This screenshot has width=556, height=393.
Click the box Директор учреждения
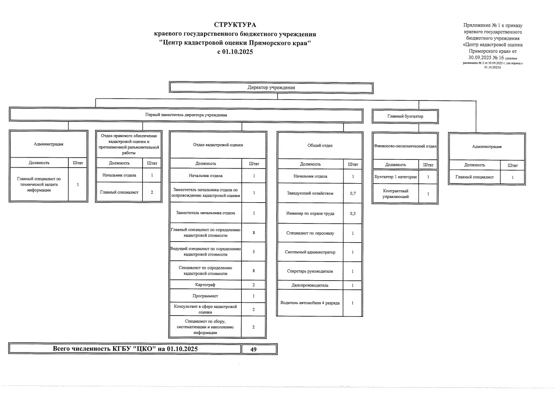(x=271, y=87)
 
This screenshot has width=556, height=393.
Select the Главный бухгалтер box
(x=405, y=116)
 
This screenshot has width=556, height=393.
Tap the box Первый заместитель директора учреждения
(x=186, y=115)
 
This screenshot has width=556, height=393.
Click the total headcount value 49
(x=253, y=349)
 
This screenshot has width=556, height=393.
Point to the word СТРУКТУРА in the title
(x=235, y=25)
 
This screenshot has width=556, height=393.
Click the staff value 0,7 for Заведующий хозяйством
(x=352, y=194)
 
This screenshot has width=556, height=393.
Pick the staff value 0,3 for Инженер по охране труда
(x=352, y=213)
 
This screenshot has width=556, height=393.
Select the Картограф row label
(x=205, y=285)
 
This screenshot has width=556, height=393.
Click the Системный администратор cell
(x=311, y=252)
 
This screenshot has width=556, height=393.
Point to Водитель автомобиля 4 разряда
(x=310, y=303)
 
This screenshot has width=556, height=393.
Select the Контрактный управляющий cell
(x=395, y=194)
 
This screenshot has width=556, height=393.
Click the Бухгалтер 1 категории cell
(x=395, y=177)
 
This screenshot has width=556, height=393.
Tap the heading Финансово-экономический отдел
(x=405, y=147)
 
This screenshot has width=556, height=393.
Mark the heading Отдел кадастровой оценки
(x=218, y=145)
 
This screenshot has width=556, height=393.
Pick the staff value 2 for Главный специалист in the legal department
(x=152, y=192)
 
